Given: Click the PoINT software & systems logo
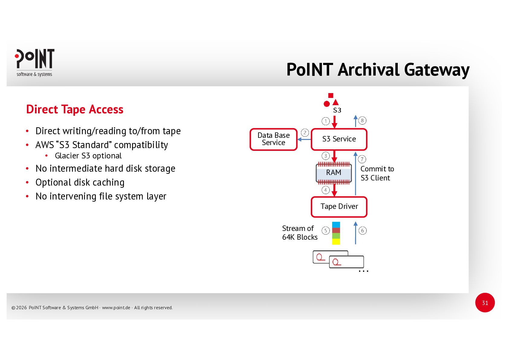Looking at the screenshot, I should (34, 63).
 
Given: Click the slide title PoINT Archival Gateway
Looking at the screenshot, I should (378, 70).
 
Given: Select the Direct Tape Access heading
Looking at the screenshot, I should (75, 109).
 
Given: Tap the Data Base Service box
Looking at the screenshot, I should (274, 139).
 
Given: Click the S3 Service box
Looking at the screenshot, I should (339, 139).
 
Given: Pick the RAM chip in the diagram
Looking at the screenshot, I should (334, 173).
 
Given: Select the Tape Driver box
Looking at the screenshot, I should (339, 207).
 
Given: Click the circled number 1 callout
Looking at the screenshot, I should (326, 121).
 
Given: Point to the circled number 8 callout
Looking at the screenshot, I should (362, 121).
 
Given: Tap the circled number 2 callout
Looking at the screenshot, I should (305, 133).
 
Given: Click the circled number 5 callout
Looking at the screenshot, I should (326, 231).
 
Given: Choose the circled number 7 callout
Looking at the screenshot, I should (362, 159).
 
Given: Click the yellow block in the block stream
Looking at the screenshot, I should (336, 242).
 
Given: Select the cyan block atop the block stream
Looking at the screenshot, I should (336, 225).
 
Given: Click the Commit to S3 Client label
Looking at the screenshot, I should (377, 174).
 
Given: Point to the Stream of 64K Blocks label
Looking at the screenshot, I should (299, 233).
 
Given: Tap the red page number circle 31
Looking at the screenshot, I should (485, 303).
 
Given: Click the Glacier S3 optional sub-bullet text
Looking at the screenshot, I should (88, 156).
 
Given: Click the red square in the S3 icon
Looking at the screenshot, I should (331, 96).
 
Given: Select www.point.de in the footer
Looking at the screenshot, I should (116, 308).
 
